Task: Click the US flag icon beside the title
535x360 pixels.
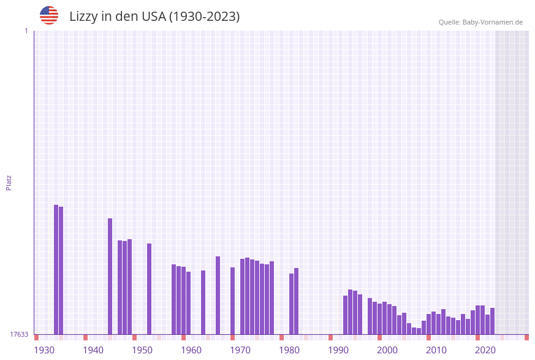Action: click(x=49, y=15)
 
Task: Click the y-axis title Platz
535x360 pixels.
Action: click(x=9, y=182)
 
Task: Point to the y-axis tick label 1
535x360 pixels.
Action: click(x=26, y=31)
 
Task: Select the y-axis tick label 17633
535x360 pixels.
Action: click(x=19, y=334)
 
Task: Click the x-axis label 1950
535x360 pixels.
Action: click(x=142, y=350)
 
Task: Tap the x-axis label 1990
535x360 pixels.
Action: click(x=338, y=350)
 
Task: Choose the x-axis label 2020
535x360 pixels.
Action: click(x=485, y=350)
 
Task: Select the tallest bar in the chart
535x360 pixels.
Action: click(x=56, y=270)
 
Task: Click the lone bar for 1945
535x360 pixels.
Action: click(x=110, y=276)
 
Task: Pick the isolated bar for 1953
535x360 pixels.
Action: click(x=149, y=289)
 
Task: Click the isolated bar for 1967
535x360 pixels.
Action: click(x=218, y=295)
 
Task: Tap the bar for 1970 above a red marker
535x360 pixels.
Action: click(x=232, y=301)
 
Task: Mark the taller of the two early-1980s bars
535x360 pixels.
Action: click(x=296, y=301)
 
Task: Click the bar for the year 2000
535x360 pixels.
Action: click(x=379, y=319)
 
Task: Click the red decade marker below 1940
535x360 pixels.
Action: click(x=85, y=337)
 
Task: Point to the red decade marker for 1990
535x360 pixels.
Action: click(x=330, y=337)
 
